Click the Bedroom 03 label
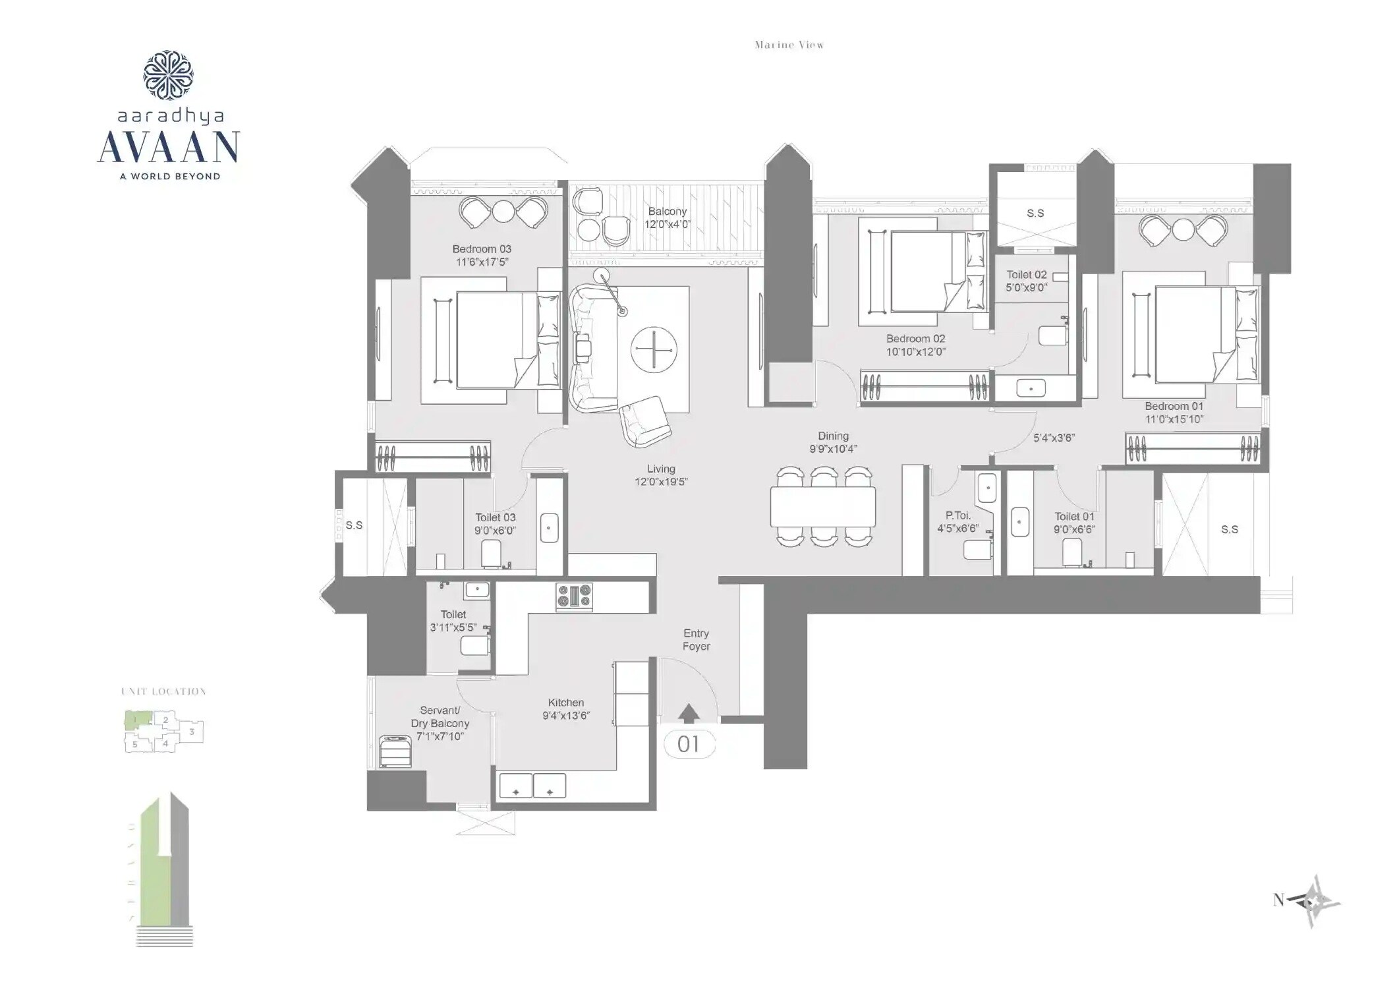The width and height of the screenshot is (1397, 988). [482, 249]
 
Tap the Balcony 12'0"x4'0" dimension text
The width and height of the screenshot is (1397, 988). [667, 224]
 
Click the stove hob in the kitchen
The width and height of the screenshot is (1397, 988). [574, 596]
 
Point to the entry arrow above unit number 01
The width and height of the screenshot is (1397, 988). [689, 713]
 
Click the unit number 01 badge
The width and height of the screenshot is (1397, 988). [688, 744]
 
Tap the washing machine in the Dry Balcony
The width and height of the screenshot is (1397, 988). [395, 751]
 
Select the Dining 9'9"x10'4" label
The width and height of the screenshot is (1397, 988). [833, 442]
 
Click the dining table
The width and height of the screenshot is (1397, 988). [823, 506]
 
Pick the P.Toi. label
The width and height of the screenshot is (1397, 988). [957, 515]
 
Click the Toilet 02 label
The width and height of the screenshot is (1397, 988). [1027, 275]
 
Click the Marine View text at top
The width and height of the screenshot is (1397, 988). [789, 45]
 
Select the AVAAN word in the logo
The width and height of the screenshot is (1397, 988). [169, 148]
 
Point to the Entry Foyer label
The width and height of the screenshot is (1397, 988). [696, 639]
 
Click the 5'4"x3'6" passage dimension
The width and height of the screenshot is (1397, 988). [1054, 437]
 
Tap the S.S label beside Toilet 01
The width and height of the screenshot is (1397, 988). [1229, 529]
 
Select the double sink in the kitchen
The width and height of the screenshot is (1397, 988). [532, 786]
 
